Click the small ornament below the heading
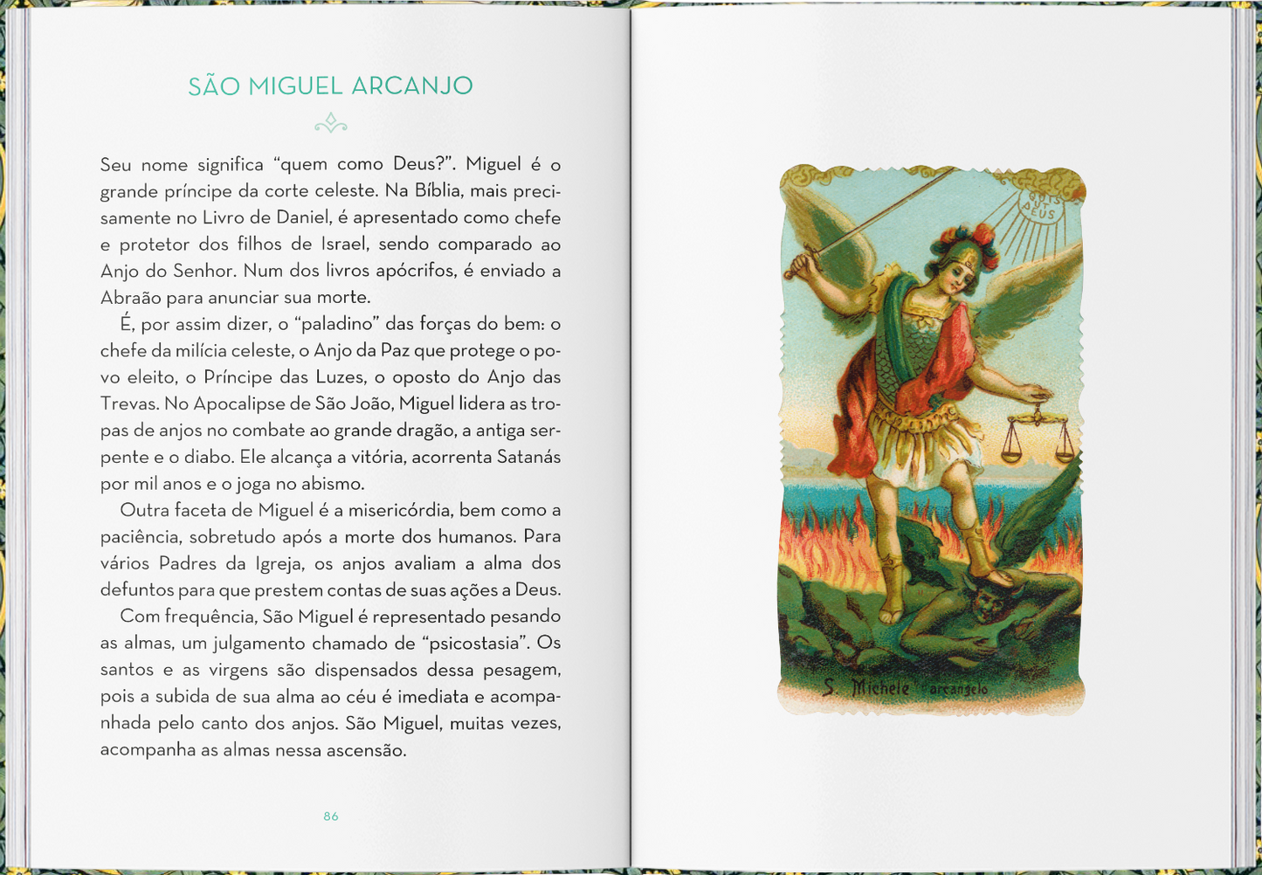331,123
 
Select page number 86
331,816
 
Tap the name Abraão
130,298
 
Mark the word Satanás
528,457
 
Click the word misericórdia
398,510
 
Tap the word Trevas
129,403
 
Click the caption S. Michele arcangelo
905,688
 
